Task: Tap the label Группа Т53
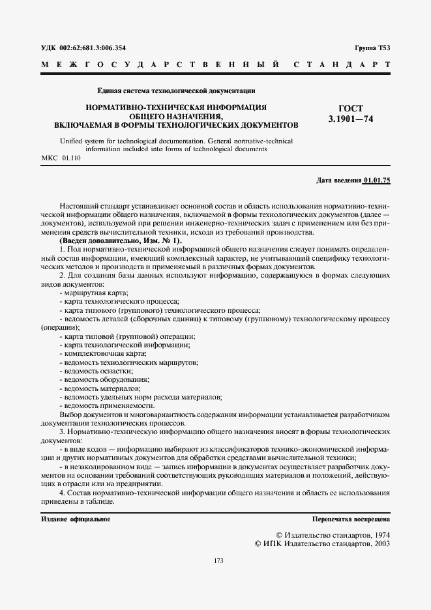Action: (372, 48)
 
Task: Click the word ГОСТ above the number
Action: (351, 108)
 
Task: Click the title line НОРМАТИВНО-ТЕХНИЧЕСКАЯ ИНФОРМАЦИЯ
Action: (176, 106)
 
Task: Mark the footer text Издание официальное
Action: (76, 519)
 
